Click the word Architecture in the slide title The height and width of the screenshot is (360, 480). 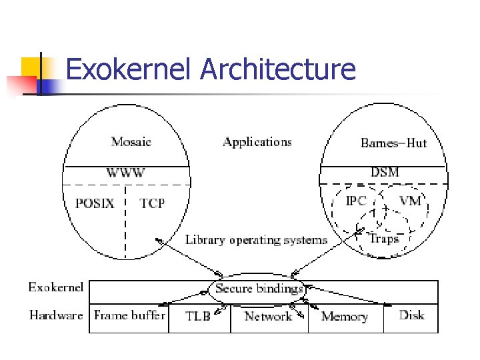pyautogui.click(x=278, y=69)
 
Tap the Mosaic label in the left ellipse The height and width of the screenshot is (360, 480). pyautogui.click(x=131, y=141)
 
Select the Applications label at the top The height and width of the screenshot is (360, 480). pyautogui.click(x=257, y=141)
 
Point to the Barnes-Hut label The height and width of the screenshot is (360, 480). pyautogui.click(x=393, y=142)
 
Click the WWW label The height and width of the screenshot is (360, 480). pyautogui.click(x=125, y=173)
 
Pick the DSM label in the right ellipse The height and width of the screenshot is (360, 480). pyautogui.click(x=385, y=172)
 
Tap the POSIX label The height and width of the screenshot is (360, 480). pyautogui.click(x=95, y=203)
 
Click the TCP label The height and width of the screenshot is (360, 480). pyautogui.click(x=152, y=203)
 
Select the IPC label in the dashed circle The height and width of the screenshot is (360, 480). pyautogui.click(x=356, y=201)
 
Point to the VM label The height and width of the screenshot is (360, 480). pyautogui.click(x=410, y=201)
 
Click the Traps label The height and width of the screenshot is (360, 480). pyautogui.click(x=383, y=239)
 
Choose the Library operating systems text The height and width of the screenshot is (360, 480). pyautogui.click(x=256, y=240)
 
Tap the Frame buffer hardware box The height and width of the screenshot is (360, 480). pyautogui.click(x=129, y=315)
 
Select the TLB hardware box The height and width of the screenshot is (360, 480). pyautogui.click(x=197, y=316)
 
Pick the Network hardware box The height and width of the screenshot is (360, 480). pyautogui.click(x=268, y=316)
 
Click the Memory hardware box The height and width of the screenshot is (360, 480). pyautogui.click(x=344, y=317)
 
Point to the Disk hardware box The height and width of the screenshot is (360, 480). pyautogui.click(x=411, y=315)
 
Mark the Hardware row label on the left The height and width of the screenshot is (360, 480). pyautogui.click(x=56, y=315)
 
